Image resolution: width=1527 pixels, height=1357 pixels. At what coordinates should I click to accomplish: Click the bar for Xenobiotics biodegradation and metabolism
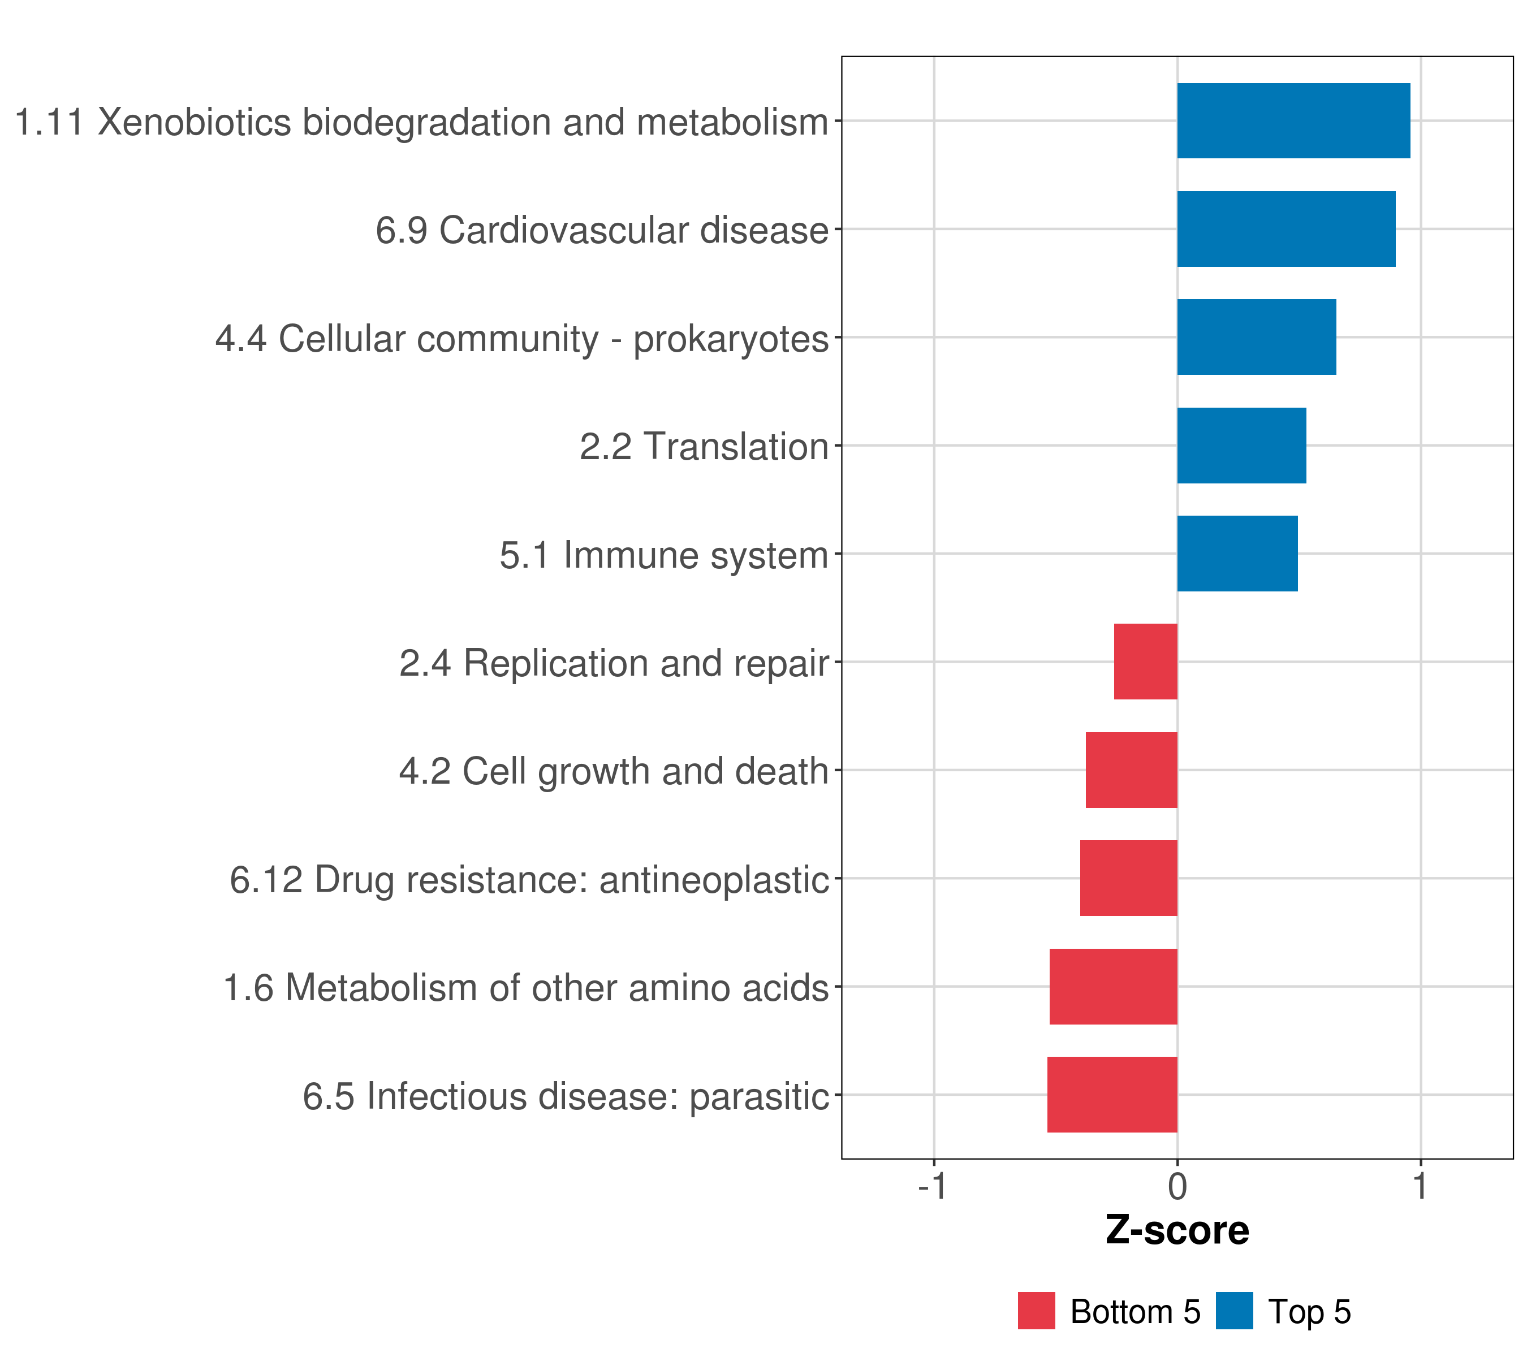point(1293,121)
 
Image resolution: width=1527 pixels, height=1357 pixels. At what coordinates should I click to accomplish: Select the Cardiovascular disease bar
point(1286,230)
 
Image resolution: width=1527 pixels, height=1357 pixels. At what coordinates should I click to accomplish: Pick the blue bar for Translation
point(1241,446)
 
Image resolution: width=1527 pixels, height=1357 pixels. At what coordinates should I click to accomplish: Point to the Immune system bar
point(1237,554)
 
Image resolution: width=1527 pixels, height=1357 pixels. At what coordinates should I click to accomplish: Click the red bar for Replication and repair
point(1145,662)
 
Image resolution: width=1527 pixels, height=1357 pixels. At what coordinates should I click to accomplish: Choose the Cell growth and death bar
point(1131,770)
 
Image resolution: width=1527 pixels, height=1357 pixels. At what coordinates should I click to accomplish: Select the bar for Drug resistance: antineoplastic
point(1128,878)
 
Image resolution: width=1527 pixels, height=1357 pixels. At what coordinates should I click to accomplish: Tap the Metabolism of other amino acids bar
point(1113,987)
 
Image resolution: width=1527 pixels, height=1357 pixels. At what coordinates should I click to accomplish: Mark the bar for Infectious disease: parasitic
point(1112,1095)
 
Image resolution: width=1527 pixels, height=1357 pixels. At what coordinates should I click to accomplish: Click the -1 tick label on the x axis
point(933,1187)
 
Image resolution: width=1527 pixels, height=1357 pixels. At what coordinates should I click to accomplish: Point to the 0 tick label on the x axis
point(1177,1187)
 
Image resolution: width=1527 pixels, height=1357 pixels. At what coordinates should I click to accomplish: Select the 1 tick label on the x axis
point(1420,1187)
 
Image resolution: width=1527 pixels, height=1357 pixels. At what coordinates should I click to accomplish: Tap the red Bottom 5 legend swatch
point(1036,1311)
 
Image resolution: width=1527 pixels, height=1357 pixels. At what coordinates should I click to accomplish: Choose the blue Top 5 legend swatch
point(1234,1311)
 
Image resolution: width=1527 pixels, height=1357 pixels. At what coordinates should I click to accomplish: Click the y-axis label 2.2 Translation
point(704,447)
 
